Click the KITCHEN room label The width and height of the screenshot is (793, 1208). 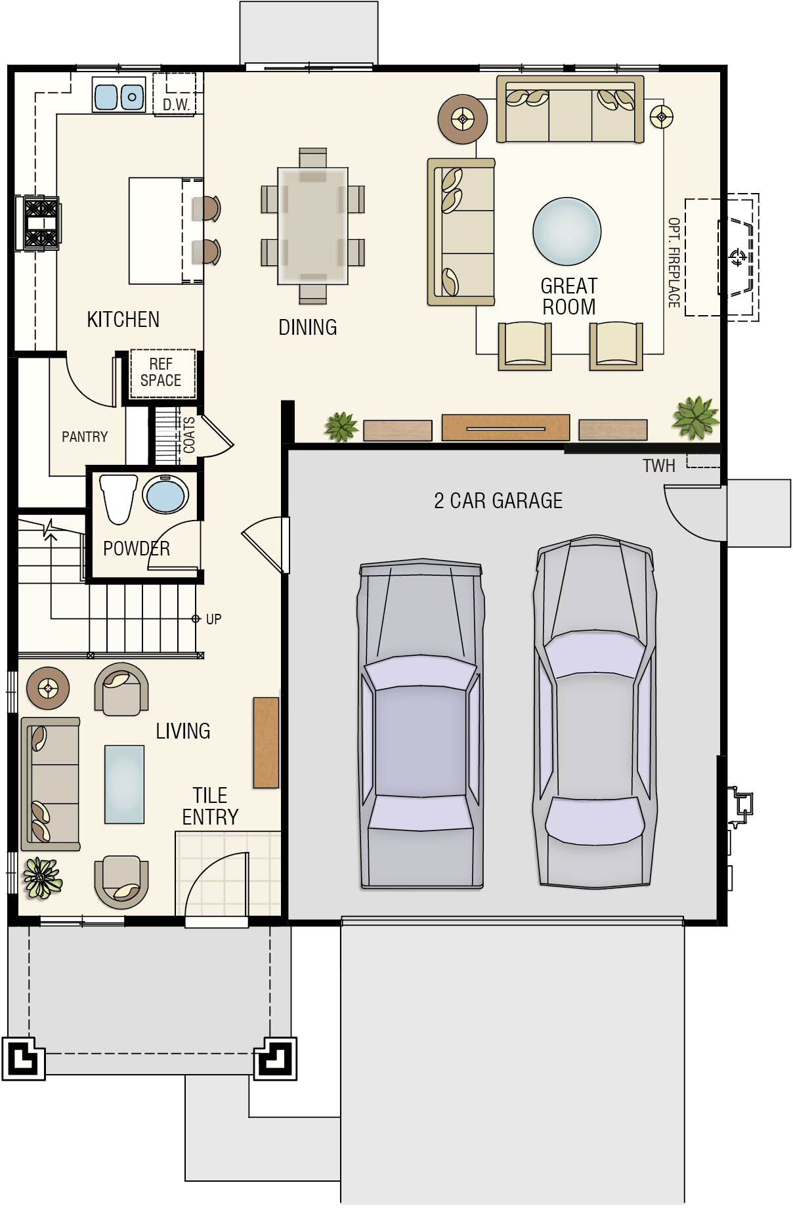(123, 320)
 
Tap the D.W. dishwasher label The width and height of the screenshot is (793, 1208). (176, 104)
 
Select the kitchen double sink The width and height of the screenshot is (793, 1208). (119, 95)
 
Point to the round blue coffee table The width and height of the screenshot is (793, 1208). (567, 231)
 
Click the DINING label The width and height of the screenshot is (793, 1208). (308, 327)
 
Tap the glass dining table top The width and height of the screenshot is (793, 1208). (312, 226)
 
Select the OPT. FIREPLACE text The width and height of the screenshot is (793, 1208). (674, 263)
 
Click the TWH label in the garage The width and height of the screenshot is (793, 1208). (658, 466)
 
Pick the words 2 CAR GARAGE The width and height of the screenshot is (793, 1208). (498, 501)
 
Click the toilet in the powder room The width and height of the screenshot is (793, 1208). (118, 498)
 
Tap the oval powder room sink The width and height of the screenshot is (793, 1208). (166, 494)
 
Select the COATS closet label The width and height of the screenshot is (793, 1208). (189, 435)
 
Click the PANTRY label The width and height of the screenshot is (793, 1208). (85, 437)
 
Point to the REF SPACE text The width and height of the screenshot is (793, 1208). (161, 372)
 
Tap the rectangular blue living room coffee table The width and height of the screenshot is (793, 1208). (124, 784)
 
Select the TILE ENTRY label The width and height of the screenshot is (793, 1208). (210, 806)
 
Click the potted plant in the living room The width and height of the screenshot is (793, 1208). (43, 878)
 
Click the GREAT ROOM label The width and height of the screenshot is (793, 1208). (568, 297)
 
